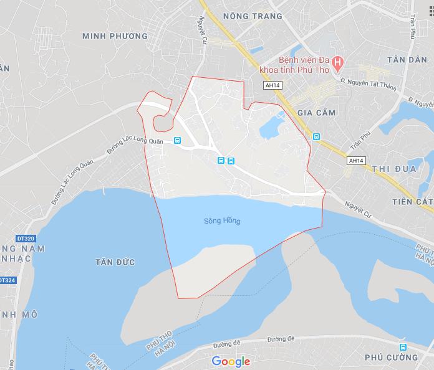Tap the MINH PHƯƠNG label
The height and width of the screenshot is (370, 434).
pos(115,36)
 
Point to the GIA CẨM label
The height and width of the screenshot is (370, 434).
pos(316,113)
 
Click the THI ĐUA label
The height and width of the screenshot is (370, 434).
pos(393,169)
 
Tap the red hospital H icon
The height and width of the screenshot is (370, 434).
pos(337,62)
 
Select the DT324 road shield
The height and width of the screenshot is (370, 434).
pos(6,280)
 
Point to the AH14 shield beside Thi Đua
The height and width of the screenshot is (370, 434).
pos(355,160)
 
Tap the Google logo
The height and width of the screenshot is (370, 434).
pos(231,361)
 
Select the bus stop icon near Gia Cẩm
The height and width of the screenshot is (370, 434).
pos(316,136)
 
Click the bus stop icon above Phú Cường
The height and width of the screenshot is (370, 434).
pos(403,346)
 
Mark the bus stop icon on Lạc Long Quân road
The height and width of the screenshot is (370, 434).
pos(178,140)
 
